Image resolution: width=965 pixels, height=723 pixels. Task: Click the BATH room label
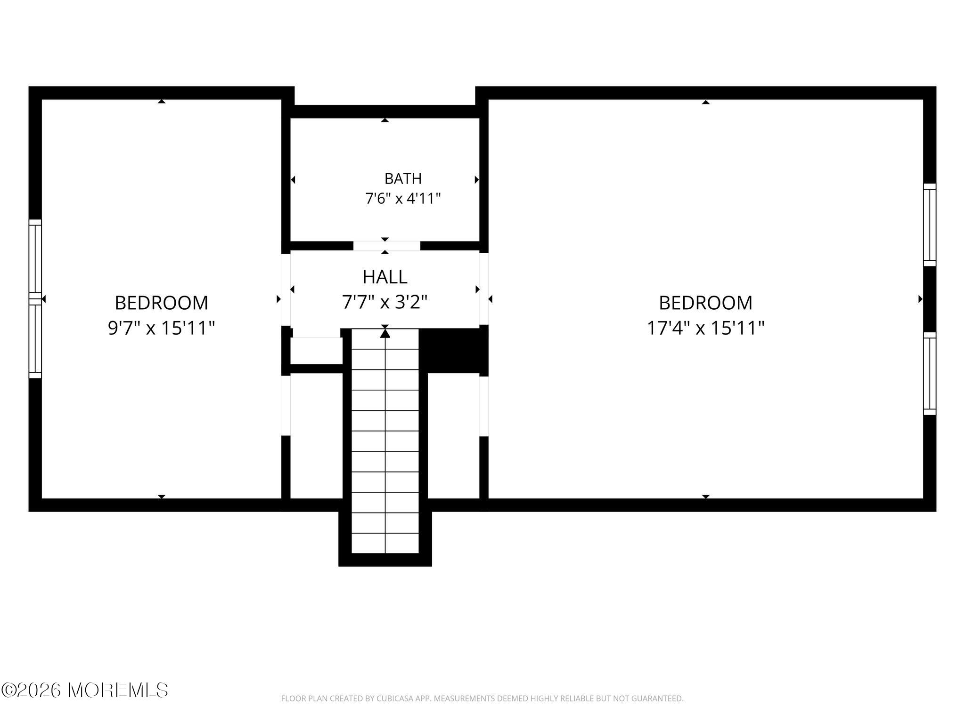point(403,179)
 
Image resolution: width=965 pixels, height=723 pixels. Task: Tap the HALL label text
point(385,277)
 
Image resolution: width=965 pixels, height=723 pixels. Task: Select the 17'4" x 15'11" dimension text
point(705,328)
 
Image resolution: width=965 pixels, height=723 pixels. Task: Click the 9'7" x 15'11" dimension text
point(161,328)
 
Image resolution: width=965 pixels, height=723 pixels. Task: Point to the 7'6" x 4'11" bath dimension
point(403,199)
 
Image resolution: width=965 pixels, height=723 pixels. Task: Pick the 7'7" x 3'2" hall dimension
point(385,302)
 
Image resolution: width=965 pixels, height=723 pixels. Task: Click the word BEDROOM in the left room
point(161,303)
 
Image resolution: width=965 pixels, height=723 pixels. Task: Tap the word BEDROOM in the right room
point(705,303)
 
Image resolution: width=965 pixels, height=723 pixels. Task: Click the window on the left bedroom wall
point(35,299)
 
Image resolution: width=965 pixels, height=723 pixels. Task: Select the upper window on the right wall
point(930,225)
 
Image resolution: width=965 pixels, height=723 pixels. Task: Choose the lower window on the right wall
point(930,374)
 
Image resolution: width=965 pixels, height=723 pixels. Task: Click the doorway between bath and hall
point(386,246)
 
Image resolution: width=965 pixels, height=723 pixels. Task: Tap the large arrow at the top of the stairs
point(385,333)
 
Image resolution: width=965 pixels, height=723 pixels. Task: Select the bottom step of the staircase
point(385,543)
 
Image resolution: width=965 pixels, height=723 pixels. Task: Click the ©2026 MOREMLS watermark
point(84,690)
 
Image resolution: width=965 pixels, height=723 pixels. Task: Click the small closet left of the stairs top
point(316,351)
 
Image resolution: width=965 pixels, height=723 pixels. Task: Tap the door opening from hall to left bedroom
point(286,289)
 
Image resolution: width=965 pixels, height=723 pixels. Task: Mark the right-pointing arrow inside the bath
point(477,179)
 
